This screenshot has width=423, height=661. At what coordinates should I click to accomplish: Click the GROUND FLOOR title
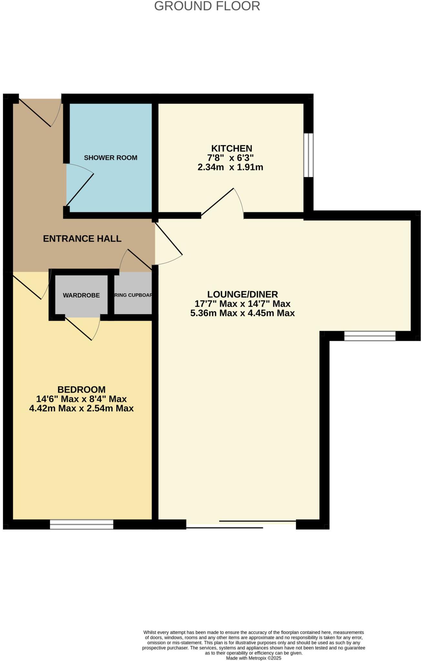[x=207, y=6]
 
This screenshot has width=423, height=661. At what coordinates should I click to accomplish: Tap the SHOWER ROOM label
[x=110, y=158]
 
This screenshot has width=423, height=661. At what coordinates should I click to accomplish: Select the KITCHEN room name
[x=232, y=148]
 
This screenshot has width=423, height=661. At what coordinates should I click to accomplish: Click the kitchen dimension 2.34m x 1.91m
[x=230, y=167]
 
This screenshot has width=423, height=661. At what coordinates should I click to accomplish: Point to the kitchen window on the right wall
[x=309, y=155]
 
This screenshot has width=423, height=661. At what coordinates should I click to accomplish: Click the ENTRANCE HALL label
[x=82, y=239]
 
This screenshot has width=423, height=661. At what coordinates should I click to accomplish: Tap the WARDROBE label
[x=81, y=295]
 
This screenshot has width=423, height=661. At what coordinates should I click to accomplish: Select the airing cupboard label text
[x=133, y=295]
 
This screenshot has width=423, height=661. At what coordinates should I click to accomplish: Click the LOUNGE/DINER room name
[x=242, y=294]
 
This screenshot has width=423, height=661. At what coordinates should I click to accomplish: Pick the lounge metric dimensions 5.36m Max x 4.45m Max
[x=242, y=313]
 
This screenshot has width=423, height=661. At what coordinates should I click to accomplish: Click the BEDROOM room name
[x=81, y=390]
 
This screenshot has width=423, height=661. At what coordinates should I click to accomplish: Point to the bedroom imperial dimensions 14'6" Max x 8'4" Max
[x=81, y=399]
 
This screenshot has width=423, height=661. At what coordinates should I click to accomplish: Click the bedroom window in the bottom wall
[x=82, y=524]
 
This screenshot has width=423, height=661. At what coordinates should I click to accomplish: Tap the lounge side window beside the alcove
[x=370, y=336]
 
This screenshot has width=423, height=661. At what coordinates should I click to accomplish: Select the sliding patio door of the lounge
[x=241, y=524]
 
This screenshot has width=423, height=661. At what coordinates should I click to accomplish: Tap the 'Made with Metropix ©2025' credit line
[x=253, y=658]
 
